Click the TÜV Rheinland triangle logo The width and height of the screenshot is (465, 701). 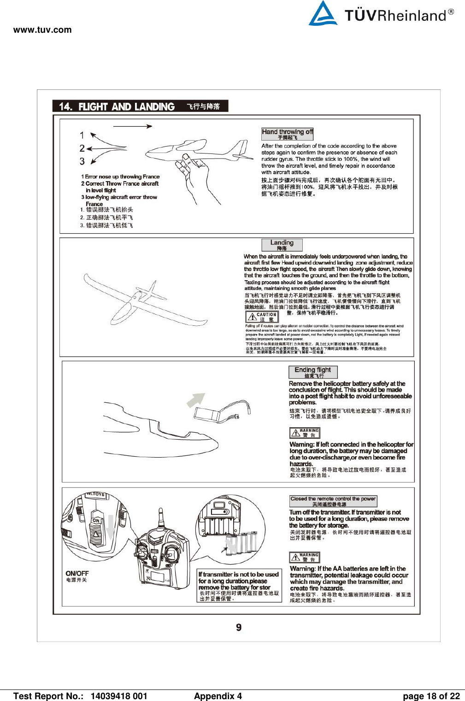(x=323, y=13)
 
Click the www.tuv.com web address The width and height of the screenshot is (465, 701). (x=42, y=30)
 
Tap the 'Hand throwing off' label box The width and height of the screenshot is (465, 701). (x=287, y=134)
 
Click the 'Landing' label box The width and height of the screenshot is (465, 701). (x=282, y=244)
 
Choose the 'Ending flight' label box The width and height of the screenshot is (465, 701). (x=313, y=372)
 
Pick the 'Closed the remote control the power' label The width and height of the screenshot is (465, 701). (x=333, y=501)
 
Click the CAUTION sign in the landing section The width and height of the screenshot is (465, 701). (x=262, y=317)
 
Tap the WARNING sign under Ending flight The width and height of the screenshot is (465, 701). (x=304, y=433)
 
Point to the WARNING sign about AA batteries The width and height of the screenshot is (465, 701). (x=304, y=557)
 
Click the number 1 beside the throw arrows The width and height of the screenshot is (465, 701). (x=82, y=135)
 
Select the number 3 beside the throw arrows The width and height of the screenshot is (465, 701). (x=82, y=161)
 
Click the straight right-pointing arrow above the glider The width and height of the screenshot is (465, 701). (x=132, y=126)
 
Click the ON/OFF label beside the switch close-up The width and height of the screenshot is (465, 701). (x=77, y=573)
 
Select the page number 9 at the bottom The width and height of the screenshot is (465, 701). (x=239, y=627)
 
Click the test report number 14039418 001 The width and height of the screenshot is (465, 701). (x=119, y=696)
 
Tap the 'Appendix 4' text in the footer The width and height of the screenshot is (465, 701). (x=218, y=696)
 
